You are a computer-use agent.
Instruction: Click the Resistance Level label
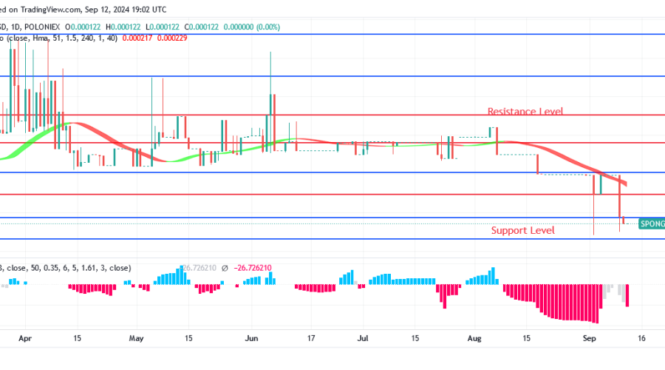[x=525, y=112]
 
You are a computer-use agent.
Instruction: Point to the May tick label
[x=136, y=337]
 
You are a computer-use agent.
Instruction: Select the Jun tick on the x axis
[x=252, y=337]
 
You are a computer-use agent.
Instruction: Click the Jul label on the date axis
[x=363, y=337]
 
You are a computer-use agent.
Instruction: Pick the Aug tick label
[x=475, y=337]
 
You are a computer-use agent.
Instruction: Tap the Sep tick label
[x=590, y=337]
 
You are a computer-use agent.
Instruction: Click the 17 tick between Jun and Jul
[x=311, y=337]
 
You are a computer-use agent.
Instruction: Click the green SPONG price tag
[x=651, y=223]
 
